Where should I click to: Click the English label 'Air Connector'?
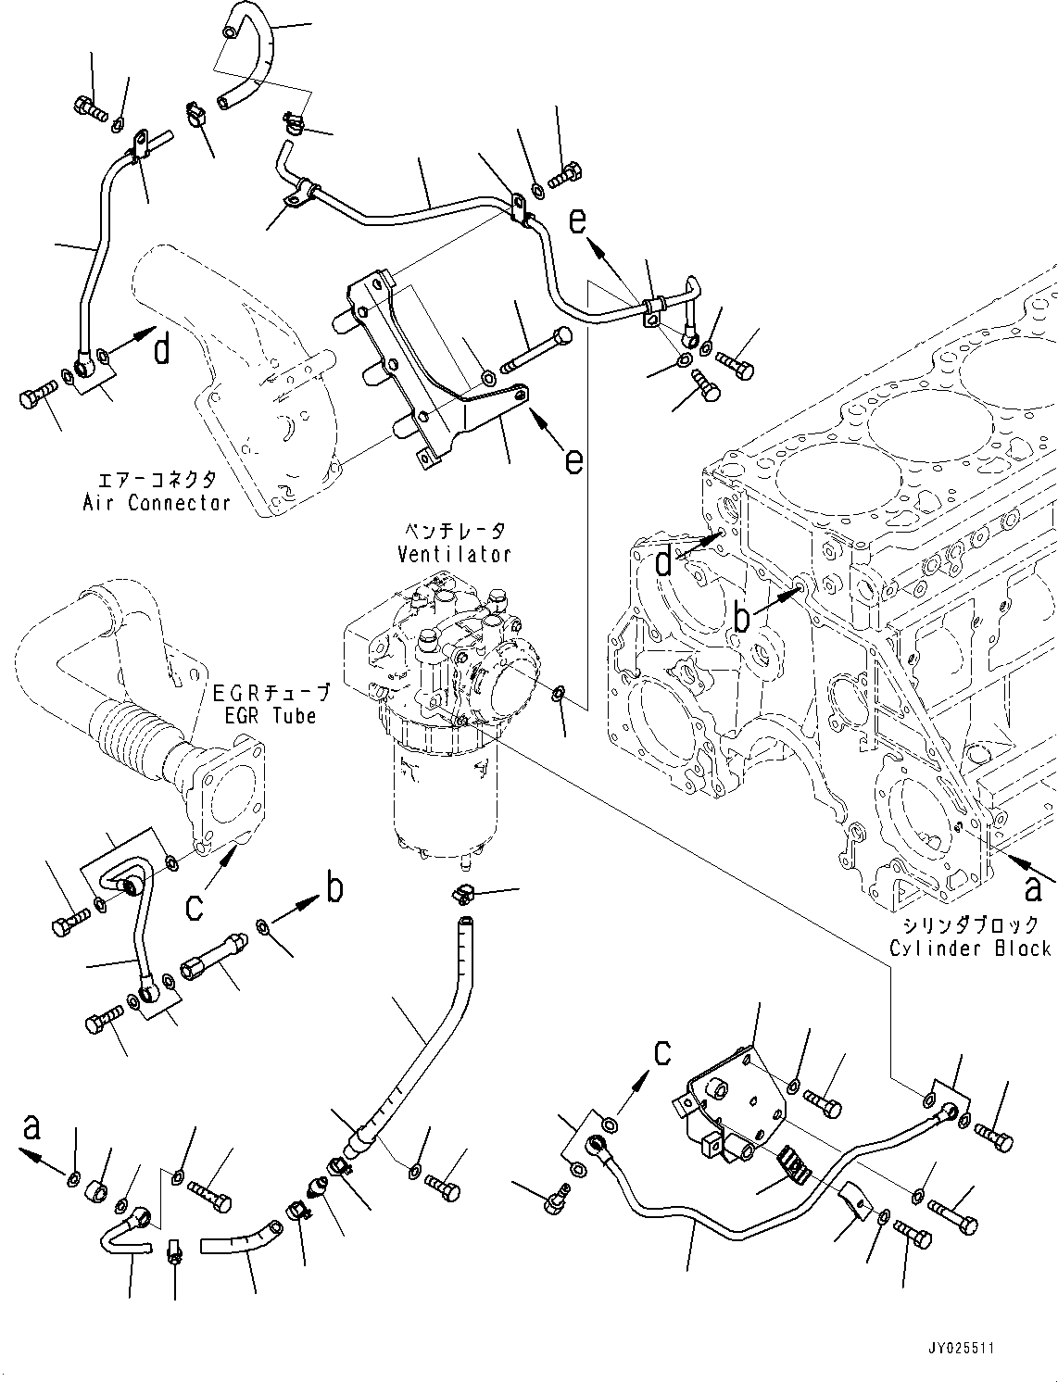[x=156, y=503]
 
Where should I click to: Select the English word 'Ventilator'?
[x=454, y=555]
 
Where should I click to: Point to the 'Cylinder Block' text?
[x=970, y=949]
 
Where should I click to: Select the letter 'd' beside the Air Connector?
[x=161, y=350]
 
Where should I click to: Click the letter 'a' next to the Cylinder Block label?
[x=1031, y=889]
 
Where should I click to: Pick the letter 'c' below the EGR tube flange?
[x=194, y=906]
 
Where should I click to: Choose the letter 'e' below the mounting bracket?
[x=574, y=459]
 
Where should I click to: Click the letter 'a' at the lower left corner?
[x=32, y=1126]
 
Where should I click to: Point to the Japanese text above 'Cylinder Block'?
[x=970, y=924]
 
